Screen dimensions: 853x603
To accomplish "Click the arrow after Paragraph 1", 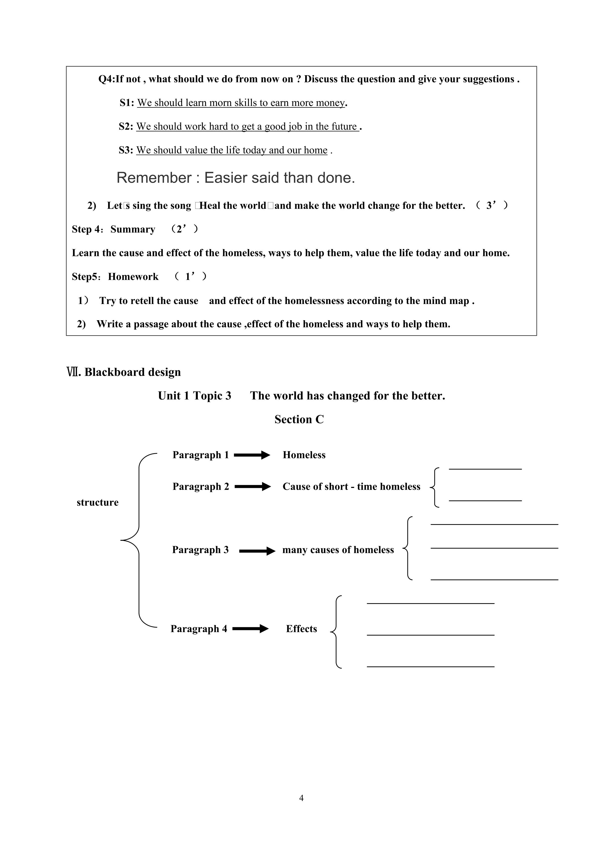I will (x=252, y=455).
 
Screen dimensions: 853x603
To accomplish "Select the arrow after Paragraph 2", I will (x=252, y=486).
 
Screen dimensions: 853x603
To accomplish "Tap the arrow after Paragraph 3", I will (x=257, y=551).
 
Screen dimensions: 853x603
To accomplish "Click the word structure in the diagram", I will (x=97, y=502).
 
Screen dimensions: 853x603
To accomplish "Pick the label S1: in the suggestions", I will (x=127, y=103).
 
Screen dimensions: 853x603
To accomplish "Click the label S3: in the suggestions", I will (x=126, y=150).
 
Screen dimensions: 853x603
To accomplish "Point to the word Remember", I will (x=154, y=178).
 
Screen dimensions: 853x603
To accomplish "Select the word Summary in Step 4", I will (x=132, y=229).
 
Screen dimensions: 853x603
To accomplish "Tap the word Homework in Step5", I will (x=133, y=277).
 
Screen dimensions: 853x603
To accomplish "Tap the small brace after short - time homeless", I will (x=434, y=487).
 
